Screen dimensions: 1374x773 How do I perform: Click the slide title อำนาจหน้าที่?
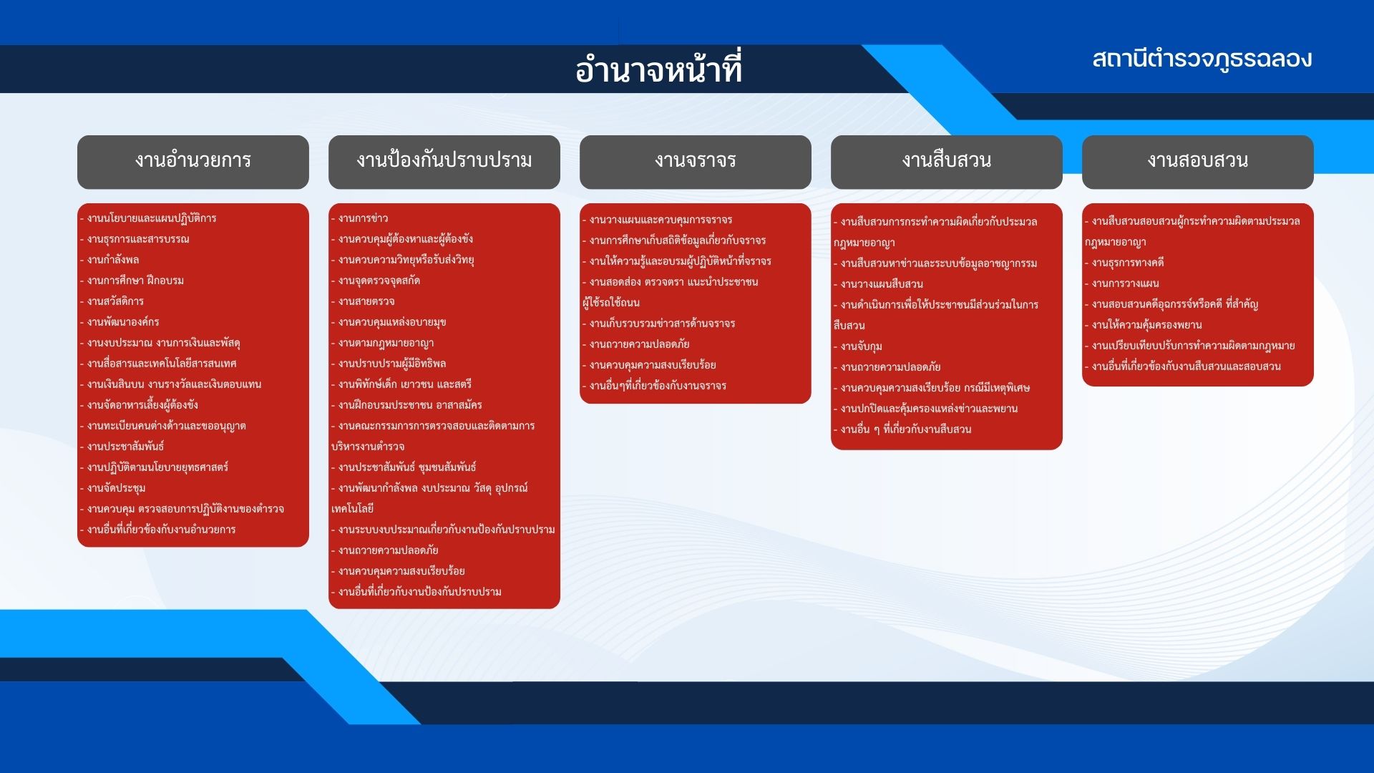(658, 69)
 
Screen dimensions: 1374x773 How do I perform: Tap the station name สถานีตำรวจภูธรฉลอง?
(1202, 59)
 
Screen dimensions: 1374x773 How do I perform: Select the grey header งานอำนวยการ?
(193, 162)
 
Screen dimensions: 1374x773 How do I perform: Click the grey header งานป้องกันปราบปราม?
(444, 162)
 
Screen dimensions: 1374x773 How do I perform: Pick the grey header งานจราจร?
(696, 162)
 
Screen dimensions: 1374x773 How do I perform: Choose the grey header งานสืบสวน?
(947, 162)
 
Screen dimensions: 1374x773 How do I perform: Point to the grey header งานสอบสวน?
(1198, 162)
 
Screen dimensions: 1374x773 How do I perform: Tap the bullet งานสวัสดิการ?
(112, 301)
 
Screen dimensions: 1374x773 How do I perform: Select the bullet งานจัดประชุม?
(112, 488)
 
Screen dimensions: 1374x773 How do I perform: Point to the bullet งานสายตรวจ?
(363, 301)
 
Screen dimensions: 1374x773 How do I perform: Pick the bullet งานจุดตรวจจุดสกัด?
(376, 281)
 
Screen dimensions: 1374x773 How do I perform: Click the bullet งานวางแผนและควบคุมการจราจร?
(658, 220)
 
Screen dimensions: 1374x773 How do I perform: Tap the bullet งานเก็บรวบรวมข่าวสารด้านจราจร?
(659, 324)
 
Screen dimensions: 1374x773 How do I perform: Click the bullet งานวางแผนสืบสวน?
(879, 284)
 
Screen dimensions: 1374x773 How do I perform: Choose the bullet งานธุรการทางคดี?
(1125, 263)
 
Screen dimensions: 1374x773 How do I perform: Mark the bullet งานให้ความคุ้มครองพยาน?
(1144, 325)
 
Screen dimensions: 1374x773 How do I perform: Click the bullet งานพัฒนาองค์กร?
(120, 322)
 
